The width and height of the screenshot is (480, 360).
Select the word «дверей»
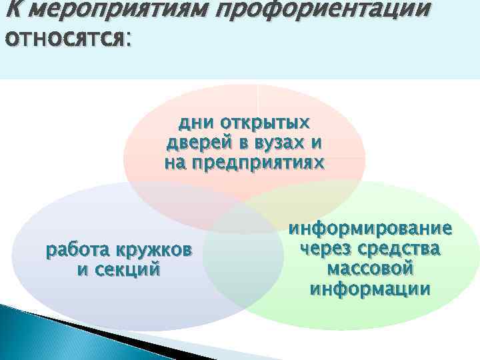[197, 143]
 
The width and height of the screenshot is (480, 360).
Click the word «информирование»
[370, 229]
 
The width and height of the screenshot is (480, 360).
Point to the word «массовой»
[370, 269]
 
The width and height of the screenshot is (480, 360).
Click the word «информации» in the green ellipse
[370, 289]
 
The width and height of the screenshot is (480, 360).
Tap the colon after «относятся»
[128, 41]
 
